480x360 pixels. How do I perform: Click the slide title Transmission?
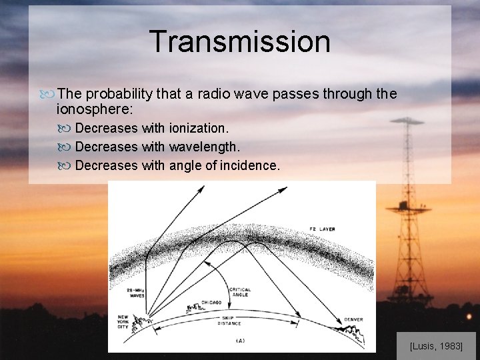[239, 41]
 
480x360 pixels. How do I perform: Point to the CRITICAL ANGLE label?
[239, 293]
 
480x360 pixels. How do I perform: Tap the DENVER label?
[353, 320]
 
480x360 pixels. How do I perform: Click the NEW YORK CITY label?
[123, 322]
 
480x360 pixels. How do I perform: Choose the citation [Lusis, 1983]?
[436, 347]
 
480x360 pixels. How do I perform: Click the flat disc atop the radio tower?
[407, 121]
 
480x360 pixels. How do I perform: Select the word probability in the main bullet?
[118, 94]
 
